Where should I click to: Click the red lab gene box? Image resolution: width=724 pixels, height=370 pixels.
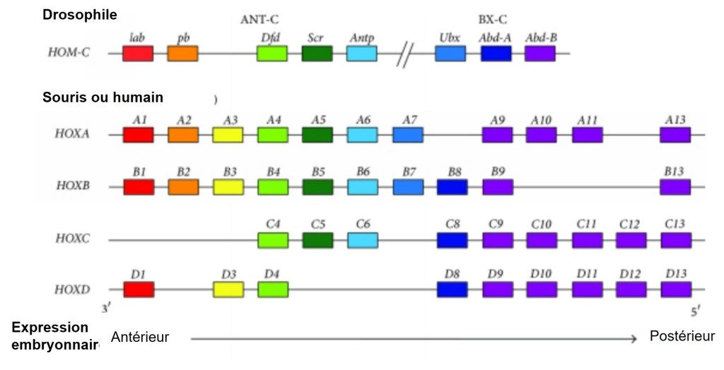(x=138, y=53)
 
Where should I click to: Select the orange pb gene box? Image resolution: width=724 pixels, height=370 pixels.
(x=182, y=53)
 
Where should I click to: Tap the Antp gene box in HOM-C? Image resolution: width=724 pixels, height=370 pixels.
(x=361, y=53)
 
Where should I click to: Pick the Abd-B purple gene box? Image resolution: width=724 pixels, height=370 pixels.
(x=540, y=53)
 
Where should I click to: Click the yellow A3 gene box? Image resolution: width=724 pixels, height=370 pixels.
(x=228, y=135)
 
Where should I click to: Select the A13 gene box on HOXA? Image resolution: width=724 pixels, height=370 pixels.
(x=675, y=135)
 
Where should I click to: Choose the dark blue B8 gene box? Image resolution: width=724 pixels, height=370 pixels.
(x=452, y=187)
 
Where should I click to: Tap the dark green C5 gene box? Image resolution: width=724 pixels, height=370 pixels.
(x=317, y=240)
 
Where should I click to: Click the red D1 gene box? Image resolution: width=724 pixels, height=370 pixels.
(x=139, y=290)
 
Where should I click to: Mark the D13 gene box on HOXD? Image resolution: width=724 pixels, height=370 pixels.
(x=675, y=290)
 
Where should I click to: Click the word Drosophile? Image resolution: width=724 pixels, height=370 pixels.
(x=80, y=14)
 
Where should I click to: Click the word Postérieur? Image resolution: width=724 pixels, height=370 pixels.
(x=682, y=337)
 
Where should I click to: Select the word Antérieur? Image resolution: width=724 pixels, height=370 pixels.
(x=140, y=337)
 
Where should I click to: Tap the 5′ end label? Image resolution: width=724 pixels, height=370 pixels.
(x=696, y=309)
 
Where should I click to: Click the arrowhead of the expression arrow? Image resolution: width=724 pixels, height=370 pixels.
(x=633, y=340)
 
